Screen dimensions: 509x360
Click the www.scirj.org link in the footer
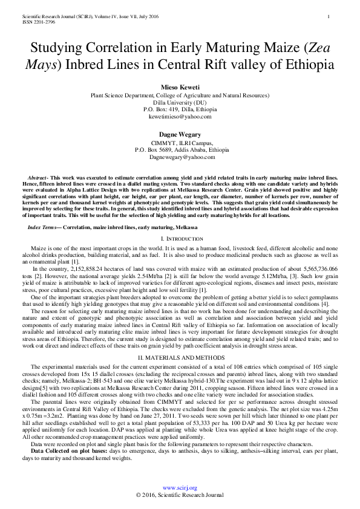(x=180, y=487)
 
